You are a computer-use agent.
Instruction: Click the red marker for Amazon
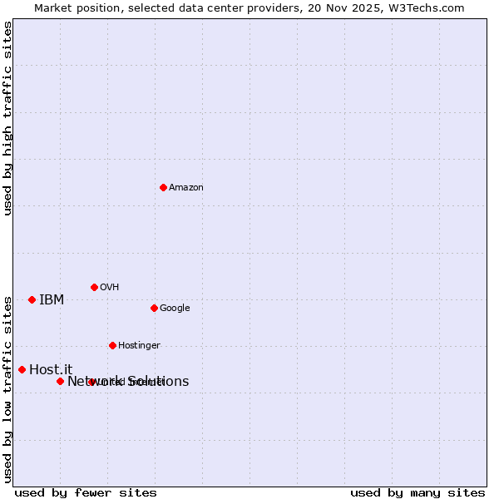(163, 187)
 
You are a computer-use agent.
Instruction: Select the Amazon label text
(186, 188)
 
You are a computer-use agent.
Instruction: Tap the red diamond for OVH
(94, 287)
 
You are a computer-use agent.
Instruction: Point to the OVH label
(110, 288)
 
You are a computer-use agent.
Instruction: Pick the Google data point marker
(154, 308)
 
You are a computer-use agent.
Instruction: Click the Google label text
(175, 309)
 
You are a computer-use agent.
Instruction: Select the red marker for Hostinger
(112, 345)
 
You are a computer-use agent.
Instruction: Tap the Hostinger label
(139, 346)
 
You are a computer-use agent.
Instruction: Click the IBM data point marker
(32, 299)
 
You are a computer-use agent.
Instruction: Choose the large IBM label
(52, 300)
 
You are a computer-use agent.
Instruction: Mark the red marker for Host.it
(22, 369)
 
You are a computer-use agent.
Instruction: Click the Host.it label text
(51, 370)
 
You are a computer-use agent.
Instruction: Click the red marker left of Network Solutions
(60, 381)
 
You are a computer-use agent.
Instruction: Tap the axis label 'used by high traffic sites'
(8, 118)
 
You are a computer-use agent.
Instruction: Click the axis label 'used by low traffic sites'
(8, 389)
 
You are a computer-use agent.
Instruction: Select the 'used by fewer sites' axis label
(86, 493)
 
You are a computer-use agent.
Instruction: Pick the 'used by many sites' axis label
(417, 493)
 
